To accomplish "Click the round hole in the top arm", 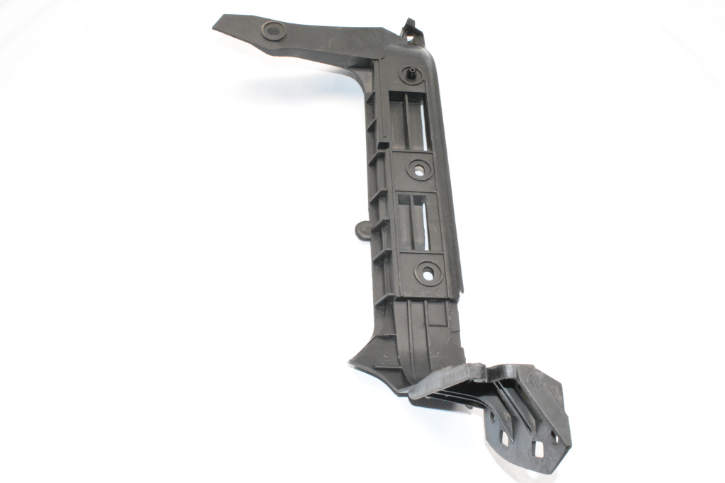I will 273,30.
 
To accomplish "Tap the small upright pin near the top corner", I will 411,73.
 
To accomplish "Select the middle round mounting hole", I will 420,169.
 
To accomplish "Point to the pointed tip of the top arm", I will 216,23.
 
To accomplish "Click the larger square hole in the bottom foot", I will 537,448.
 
